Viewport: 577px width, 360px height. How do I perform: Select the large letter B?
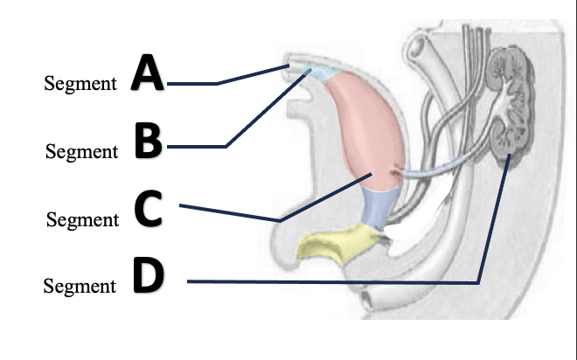[x=149, y=142]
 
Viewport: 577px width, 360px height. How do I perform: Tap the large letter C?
[x=149, y=209]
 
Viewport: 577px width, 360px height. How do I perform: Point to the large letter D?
[x=149, y=275]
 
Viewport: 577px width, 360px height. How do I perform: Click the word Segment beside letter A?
[x=80, y=84]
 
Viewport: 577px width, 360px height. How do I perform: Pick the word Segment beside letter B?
[x=81, y=152]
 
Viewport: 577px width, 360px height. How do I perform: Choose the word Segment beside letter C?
[x=81, y=220]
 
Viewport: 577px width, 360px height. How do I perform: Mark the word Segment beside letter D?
[x=80, y=286]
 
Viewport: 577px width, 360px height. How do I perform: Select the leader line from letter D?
[x=332, y=282]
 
